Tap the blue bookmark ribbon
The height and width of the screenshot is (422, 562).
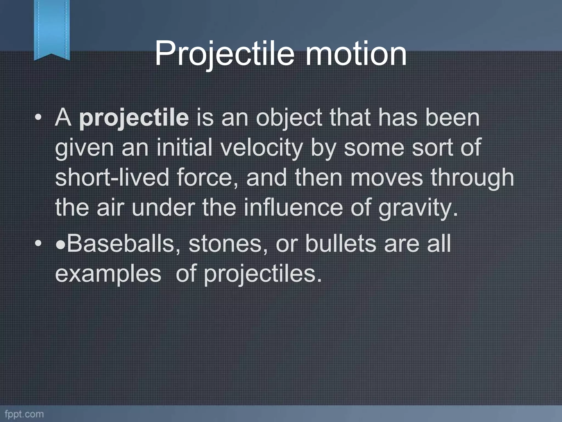click(52, 29)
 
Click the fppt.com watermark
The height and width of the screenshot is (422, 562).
click(24, 414)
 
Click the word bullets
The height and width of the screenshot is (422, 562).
click(340, 243)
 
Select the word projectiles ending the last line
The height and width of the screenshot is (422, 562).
click(262, 274)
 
